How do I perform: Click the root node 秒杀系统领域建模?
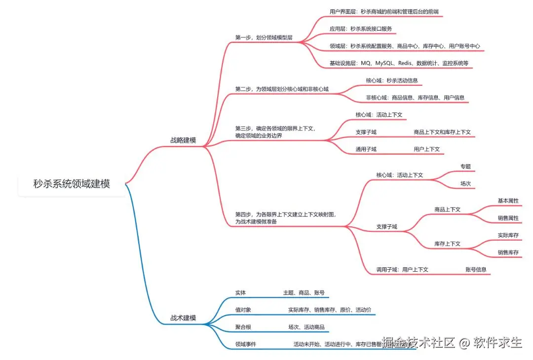click(72, 184)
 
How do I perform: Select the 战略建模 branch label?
click(183, 141)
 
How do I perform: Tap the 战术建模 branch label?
click(183, 318)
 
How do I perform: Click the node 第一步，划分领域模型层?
click(264, 37)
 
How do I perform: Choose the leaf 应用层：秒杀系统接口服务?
click(361, 29)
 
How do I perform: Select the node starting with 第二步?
click(282, 89)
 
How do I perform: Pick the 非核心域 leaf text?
click(415, 98)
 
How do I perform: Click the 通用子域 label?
click(366, 149)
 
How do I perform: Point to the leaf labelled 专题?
click(465, 167)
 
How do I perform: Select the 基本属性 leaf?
click(508, 201)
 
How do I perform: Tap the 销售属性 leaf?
click(508, 218)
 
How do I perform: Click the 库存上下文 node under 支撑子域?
click(447, 244)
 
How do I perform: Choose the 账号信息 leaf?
click(476, 269)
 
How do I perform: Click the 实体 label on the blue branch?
click(240, 292)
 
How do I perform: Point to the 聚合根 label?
click(243, 327)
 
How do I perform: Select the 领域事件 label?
click(245, 344)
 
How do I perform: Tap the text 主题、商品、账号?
click(304, 292)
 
